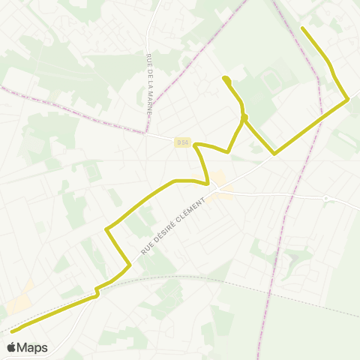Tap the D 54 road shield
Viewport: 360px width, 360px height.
pos(183,142)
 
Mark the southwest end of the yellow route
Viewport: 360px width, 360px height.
pos(12,331)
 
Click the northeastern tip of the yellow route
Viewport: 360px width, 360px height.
pos(302,28)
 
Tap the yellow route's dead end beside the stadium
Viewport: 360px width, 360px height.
pos(224,78)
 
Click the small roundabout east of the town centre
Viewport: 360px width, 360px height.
pos(326,198)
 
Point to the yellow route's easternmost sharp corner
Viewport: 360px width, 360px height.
pos(347,98)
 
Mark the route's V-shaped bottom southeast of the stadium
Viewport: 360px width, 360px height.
pos(274,154)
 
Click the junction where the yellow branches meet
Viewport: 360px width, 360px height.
pos(244,118)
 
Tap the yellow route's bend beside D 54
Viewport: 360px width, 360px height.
pos(196,146)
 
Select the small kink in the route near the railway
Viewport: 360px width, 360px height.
pos(96,292)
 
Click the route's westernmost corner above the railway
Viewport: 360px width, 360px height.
pos(107,227)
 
